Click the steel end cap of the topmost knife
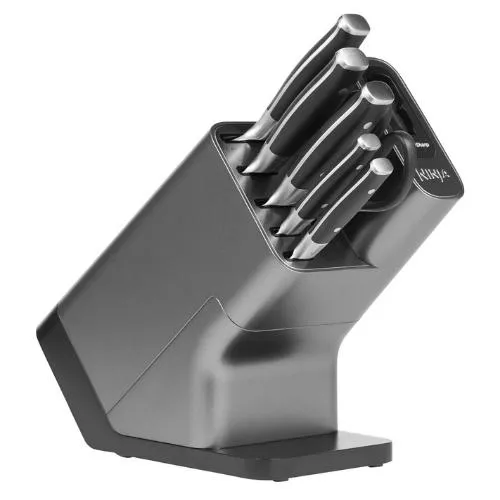[x=354, y=25]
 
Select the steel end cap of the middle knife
[x=377, y=95]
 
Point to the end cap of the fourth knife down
[x=371, y=142]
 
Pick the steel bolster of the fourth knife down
[x=290, y=222]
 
